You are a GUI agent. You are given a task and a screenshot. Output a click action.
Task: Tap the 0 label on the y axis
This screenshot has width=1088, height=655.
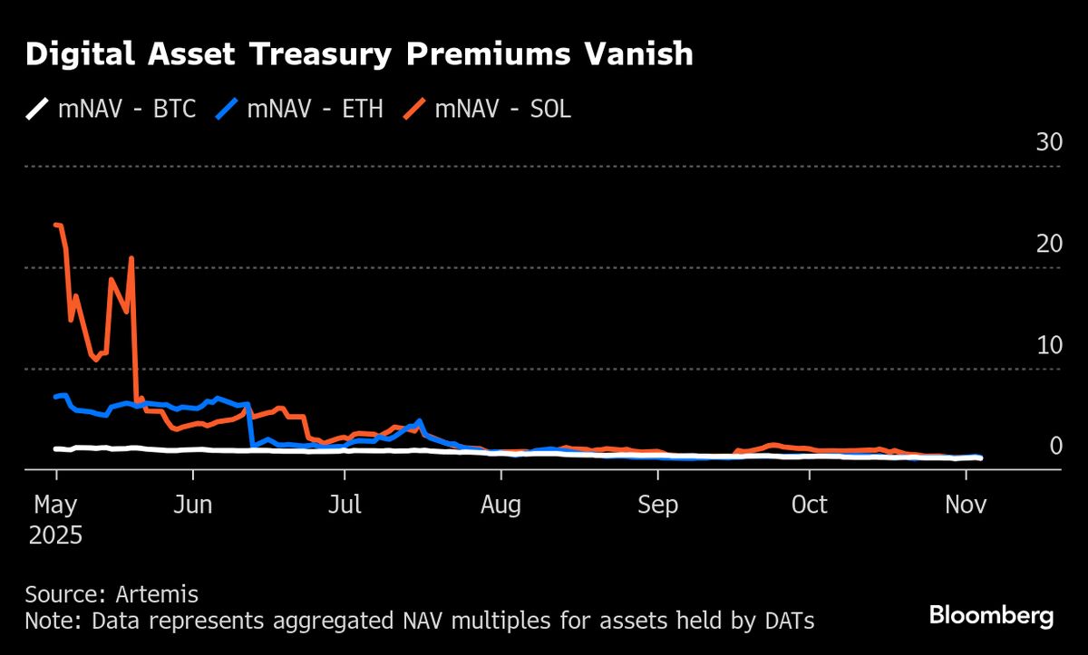click(x=1055, y=446)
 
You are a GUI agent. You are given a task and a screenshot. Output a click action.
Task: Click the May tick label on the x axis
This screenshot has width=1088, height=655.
click(x=55, y=505)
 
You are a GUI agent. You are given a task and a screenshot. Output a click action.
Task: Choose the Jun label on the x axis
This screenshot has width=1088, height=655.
click(x=192, y=505)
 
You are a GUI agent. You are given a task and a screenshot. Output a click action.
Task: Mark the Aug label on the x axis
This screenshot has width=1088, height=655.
click(x=500, y=505)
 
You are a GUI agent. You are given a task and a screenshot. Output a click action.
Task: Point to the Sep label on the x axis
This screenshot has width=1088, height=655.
click(x=657, y=505)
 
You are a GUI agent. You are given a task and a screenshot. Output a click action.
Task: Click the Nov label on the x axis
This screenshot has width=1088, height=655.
click(x=965, y=505)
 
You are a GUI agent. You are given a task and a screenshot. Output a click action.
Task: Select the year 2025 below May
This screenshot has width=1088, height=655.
click(x=55, y=535)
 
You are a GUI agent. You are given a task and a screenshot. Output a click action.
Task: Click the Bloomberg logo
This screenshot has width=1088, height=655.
click(x=992, y=616)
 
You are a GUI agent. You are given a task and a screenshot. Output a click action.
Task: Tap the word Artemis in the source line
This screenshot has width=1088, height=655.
click(x=157, y=595)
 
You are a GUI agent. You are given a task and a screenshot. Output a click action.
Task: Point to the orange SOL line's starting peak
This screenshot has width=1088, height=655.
click(x=57, y=225)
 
